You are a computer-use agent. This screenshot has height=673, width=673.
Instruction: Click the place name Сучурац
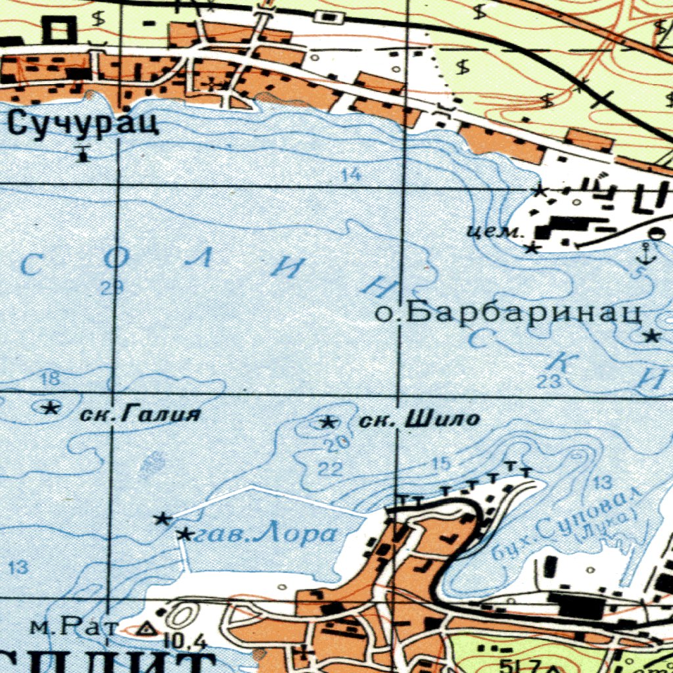click(x=85, y=123)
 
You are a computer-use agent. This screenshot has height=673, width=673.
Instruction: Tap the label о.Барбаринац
click(x=508, y=313)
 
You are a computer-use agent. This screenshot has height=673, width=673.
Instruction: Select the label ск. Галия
click(x=139, y=415)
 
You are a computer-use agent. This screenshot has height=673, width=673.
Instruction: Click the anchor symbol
click(x=648, y=254)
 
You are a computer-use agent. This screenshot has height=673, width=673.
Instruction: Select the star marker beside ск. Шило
click(x=327, y=423)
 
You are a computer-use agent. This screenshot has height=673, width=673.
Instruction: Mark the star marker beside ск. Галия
click(x=49, y=408)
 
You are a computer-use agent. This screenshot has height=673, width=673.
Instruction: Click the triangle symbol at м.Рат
click(x=146, y=629)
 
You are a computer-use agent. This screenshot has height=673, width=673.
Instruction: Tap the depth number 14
click(x=352, y=175)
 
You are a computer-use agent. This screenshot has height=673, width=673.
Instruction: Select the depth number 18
click(x=50, y=379)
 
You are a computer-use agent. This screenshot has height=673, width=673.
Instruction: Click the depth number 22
click(x=330, y=469)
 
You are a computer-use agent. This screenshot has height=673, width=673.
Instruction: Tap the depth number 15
click(x=441, y=464)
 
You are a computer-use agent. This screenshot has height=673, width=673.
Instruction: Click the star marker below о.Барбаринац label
click(x=651, y=336)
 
